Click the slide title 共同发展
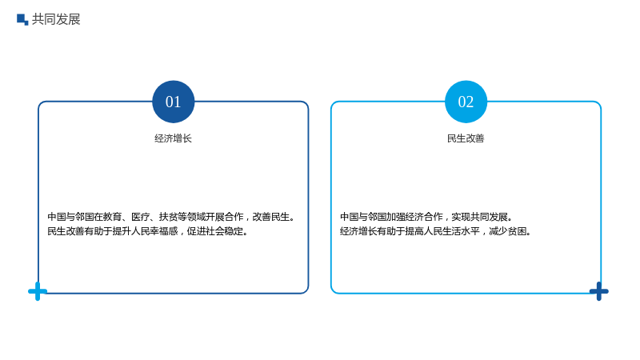pos(56,19)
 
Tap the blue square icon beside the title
pos(22,19)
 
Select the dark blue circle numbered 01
pos(174,102)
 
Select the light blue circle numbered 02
pos(466,102)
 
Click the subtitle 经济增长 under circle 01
pos(173,138)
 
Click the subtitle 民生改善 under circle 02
pos(466,138)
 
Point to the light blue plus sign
pos(38,291)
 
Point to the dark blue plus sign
pos(598,291)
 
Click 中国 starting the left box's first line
pos(57,217)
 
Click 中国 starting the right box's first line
pos(350,217)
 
